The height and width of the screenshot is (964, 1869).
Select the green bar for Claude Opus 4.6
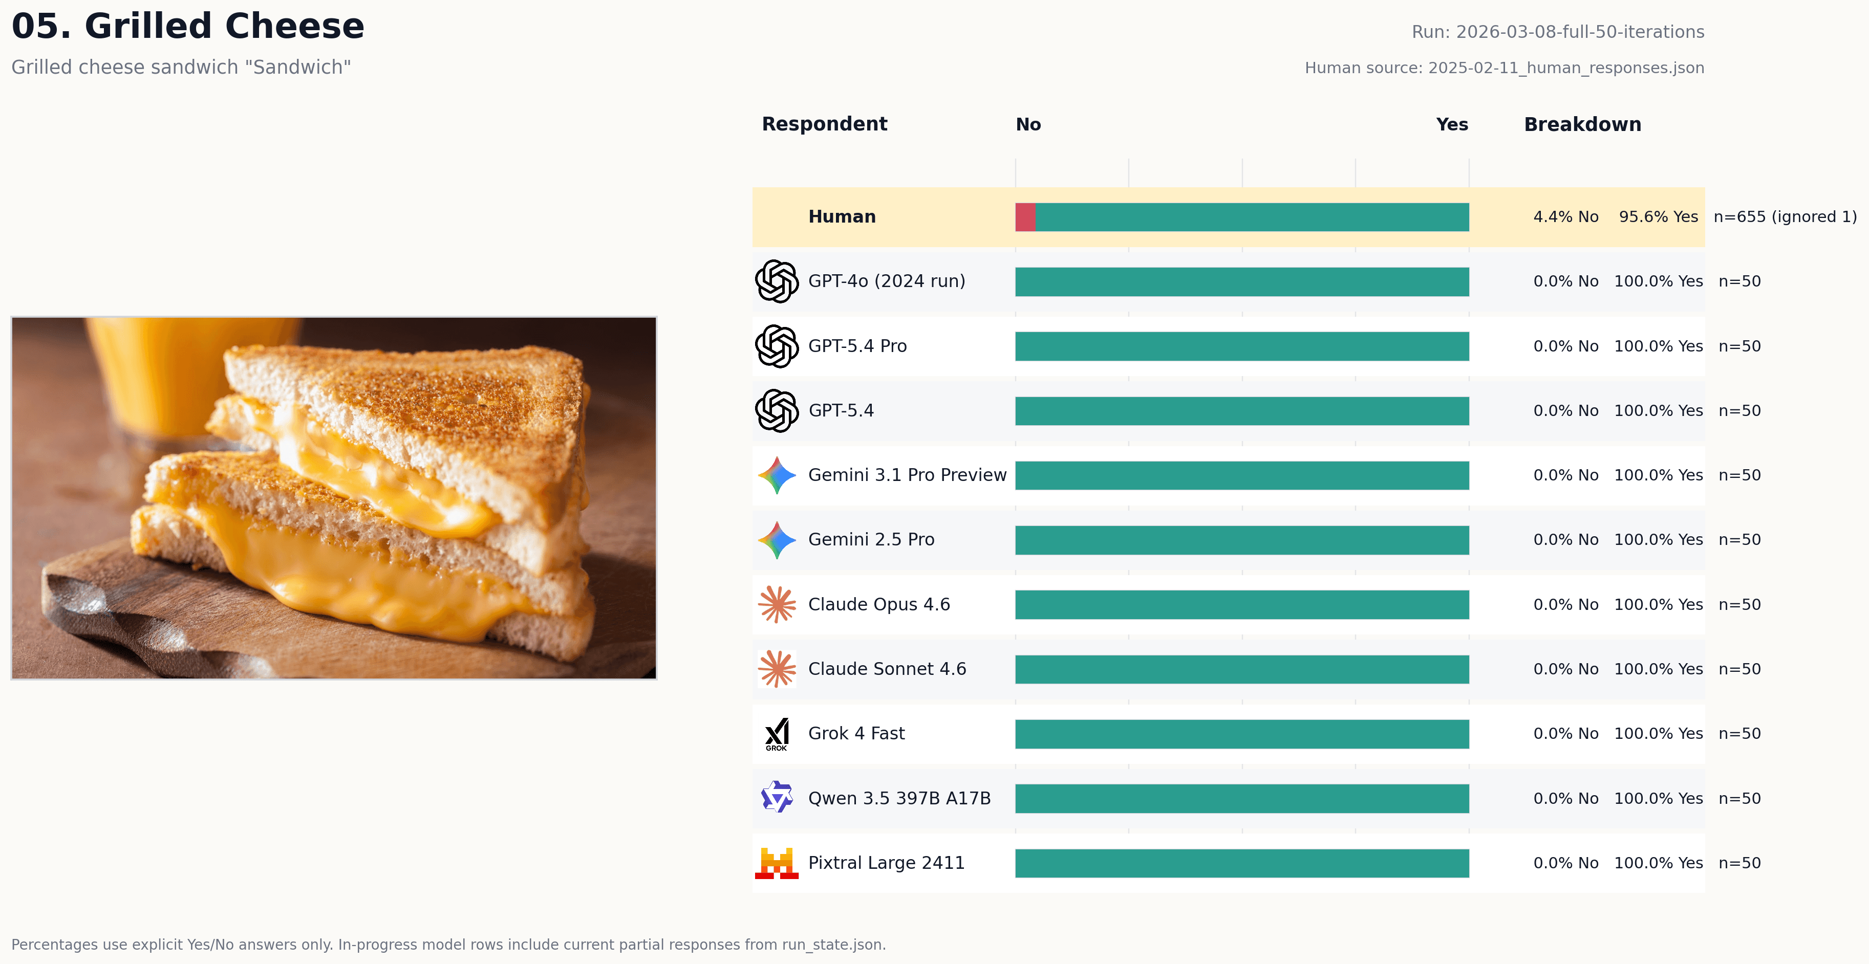click(1241, 604)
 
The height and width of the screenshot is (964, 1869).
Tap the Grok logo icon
click(777, 734)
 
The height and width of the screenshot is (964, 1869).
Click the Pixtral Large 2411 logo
click(777, 863)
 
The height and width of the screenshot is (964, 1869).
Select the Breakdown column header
click(1582, 125)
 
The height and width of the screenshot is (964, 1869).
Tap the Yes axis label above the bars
click(1451, 125)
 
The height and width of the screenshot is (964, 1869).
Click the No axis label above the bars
click(1028, 125)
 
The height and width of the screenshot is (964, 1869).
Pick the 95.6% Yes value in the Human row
click(1658, 217)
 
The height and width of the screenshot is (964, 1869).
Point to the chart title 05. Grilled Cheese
click(188, 26)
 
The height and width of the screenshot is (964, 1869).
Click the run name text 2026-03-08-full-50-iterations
click(1579, 32)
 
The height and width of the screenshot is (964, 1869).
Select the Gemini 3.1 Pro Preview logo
click(777, 475)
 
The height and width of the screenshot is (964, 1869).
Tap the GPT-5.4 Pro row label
click(857, 346)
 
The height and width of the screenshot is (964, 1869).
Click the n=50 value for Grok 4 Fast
click(1739, 733)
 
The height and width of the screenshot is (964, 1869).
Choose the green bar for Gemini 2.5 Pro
click(1241, 540)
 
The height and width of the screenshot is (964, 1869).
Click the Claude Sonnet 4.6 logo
click(777, 669)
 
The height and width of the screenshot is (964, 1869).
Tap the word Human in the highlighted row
click(842, 217)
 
